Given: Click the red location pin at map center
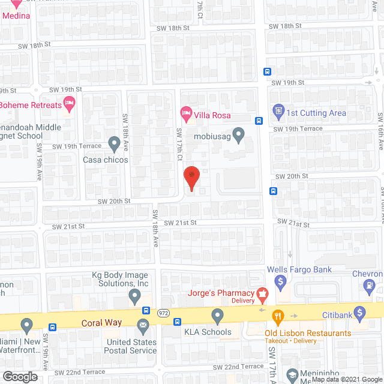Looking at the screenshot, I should pyautogui.click(x=191, y=176).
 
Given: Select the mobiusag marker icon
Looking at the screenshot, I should pyautogui.click(x=239, y=135).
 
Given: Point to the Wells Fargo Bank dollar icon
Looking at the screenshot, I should pyautogui.click(x=279, y=280).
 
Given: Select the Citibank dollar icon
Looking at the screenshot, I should pyautogui.click(x=359, y=312).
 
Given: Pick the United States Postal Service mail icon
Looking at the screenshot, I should pyautogui.click(x=143, y=326).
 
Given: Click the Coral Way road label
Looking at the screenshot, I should pyautogui.click(x=102, y=323).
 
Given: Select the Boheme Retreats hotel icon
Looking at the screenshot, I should pyautogui.click(x=69, y=103).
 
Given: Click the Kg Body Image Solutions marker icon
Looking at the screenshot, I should pyautogui.click(x=134, y=295).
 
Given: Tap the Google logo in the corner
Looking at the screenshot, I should pyautogui.click(x=19, y=377).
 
